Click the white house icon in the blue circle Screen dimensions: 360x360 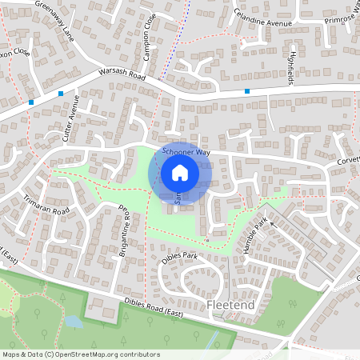coord(180,172)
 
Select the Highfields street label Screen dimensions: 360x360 coord(288,67)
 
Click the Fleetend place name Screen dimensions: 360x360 coord(231,305)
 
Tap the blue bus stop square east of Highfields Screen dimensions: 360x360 coord(247,92)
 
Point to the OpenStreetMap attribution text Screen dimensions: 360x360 coord(80,354)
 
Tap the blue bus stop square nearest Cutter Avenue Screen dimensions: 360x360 coord(61,94)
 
